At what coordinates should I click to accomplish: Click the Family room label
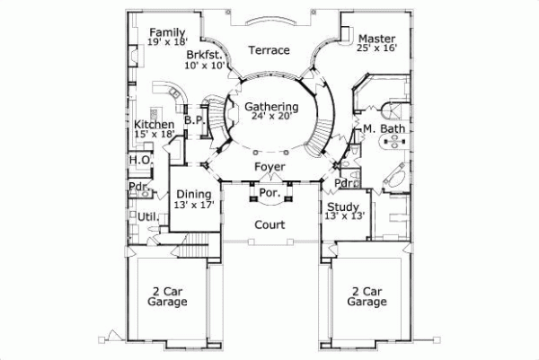click(x=168, y=31)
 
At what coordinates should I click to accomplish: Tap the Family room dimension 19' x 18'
click(x=168, y=42)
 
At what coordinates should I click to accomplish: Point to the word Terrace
click(x=269, y=50)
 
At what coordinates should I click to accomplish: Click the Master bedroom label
click(x=376, y=39)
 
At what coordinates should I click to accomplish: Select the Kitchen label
click(x=154, y=124)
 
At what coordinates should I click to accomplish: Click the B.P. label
click(x=192, y=119)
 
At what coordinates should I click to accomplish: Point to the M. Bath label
click(x=382, y=130)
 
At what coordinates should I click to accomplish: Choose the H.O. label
click(x=139, y=160)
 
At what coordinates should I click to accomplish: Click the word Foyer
click(x=269, y=167)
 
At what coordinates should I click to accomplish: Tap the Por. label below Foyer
click(x=270, y=192)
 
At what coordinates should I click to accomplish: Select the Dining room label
click(x=193, y=193)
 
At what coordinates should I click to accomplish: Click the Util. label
click(x=147, y=216)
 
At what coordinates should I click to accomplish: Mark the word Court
click(x=269, y=224)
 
